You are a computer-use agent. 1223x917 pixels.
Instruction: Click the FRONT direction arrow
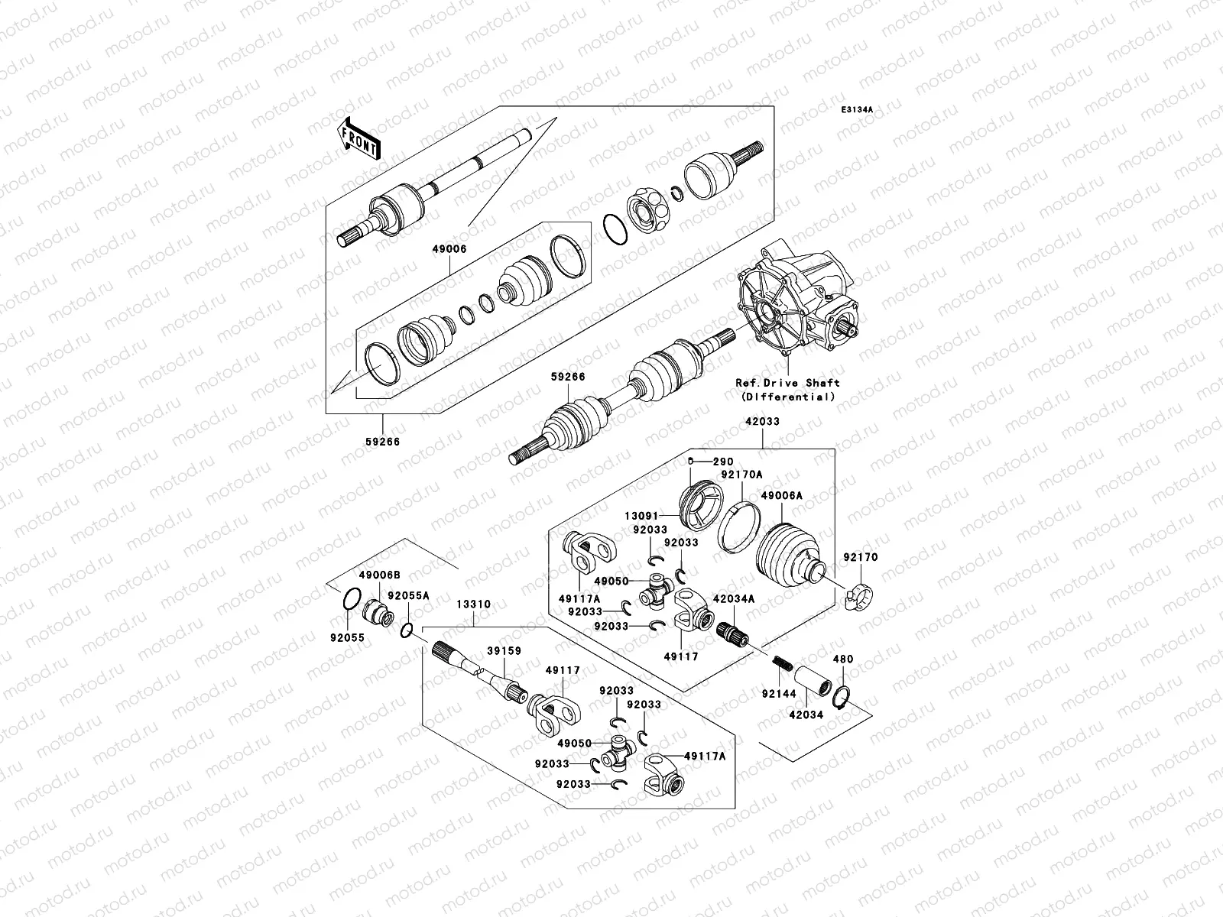pyautogui.click(x=359, y=138)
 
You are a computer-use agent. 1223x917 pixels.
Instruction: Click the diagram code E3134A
pyautogui.click(x=857, y=110)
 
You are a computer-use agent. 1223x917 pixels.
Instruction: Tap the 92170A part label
pyautogui.click(x=742, y=475)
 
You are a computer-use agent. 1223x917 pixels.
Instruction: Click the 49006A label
pyautogui.click(x=781, y=496)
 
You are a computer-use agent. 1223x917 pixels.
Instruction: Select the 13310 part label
pyautogui.click(x=474, y=604)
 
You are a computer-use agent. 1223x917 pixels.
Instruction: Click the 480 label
pyautogui.click(x=843, y=659)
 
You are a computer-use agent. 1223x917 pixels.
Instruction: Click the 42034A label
pyautogui.click(x=734, y=599)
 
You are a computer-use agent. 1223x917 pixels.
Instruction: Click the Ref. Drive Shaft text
pyautogui.click(x=787, y=383)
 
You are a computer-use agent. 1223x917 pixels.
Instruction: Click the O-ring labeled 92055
pyautogui.click(x=349, y=600)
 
